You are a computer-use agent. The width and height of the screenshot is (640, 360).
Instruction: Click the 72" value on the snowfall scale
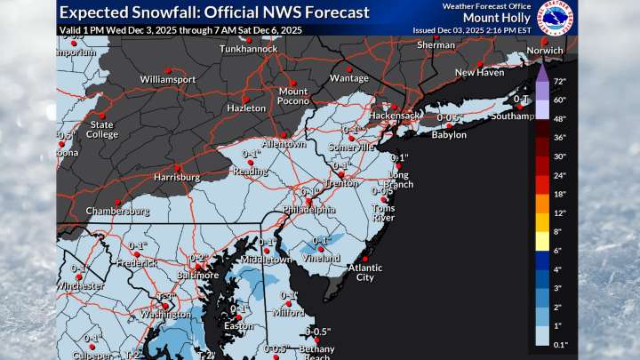click(561, 81)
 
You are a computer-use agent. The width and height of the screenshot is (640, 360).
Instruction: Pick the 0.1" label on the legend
click(561, 342)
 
